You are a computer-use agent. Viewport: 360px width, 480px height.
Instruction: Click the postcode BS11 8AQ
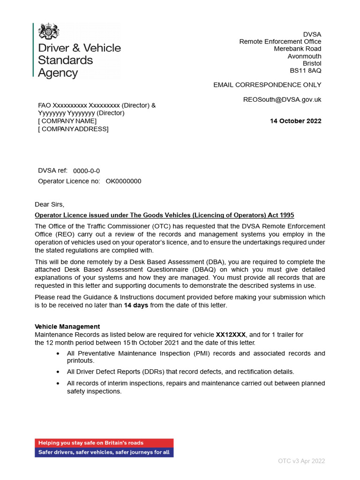point(306,71)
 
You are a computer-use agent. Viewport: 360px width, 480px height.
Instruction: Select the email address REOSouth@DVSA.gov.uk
point(282,99)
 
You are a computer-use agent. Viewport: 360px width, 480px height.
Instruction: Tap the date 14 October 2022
point(295,121)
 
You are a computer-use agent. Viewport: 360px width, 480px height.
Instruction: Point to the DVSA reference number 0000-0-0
point(86,171)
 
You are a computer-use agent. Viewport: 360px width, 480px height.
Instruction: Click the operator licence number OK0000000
point(123,181)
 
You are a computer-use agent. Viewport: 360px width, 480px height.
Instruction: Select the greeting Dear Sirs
point(49,204)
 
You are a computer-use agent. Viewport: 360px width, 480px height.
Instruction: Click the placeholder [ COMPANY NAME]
point(67,121)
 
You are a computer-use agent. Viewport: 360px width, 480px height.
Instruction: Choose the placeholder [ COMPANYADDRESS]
point(73,129)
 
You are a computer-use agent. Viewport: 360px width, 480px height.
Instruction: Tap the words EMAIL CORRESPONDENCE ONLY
point(267,85)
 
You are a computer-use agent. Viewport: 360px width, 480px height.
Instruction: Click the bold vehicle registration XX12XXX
point(231,335)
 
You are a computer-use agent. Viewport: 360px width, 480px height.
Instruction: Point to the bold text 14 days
point(136,305)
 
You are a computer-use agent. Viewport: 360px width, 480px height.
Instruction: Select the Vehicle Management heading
point(67,327)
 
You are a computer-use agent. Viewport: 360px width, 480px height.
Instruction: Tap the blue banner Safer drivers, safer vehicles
point(104,452)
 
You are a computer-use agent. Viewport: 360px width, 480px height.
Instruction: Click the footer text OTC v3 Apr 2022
point(301,461)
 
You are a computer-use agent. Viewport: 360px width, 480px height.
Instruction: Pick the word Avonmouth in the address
point(304,56)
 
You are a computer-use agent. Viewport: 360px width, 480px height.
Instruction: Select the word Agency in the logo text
point(58,73)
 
